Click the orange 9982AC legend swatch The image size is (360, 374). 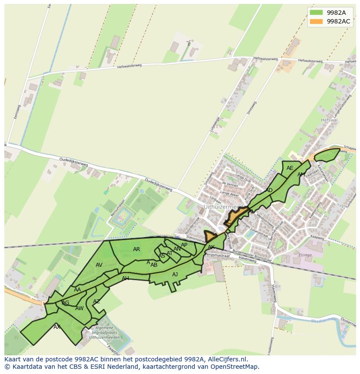pos(316,21)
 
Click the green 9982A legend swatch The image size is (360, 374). pos(316,13)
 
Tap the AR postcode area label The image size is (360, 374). pos(137,249)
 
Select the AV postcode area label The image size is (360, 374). pos(99,265)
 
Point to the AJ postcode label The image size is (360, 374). pos(175,275)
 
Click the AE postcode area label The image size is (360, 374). pos(290,168)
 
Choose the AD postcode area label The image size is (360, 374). pos(269,190)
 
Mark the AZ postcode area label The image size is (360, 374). pos(97,301)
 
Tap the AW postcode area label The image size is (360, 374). pos(79,308)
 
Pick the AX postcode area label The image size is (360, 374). pos(57,327)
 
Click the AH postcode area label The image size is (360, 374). pos(125,278)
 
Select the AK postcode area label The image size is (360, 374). pos(211,247)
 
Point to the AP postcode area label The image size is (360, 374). pos(184,245)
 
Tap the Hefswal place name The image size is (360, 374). pos(329,120)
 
